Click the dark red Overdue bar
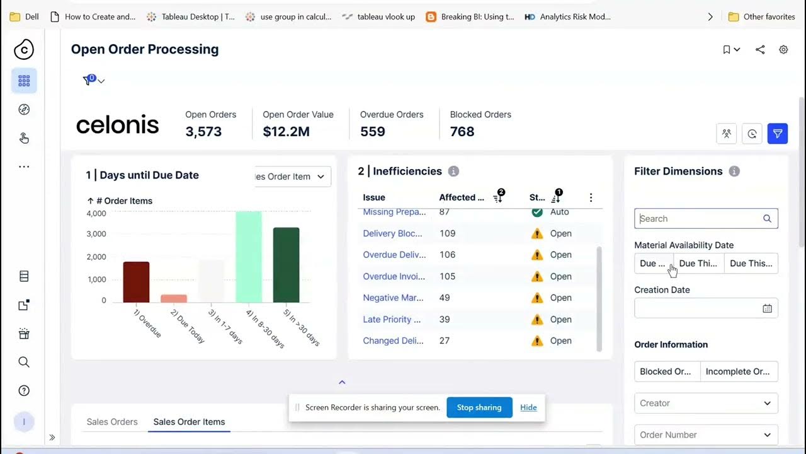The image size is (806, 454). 136,282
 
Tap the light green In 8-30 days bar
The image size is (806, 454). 249,257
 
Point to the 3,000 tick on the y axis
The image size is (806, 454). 96,234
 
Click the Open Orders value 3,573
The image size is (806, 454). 203,131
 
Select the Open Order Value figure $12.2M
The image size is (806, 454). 286,131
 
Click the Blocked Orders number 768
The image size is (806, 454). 462,131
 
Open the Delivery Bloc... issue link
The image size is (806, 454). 392,233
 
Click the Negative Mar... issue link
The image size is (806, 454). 393,298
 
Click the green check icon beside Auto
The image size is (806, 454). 537,212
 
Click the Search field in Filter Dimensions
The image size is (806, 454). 699,219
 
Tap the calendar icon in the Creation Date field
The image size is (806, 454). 767,308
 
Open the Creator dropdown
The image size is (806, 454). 706,403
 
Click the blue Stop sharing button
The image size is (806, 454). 479,407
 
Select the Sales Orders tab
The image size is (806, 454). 112,422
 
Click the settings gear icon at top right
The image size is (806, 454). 783,49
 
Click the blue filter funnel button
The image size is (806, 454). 778,134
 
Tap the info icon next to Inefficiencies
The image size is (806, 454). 453,172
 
